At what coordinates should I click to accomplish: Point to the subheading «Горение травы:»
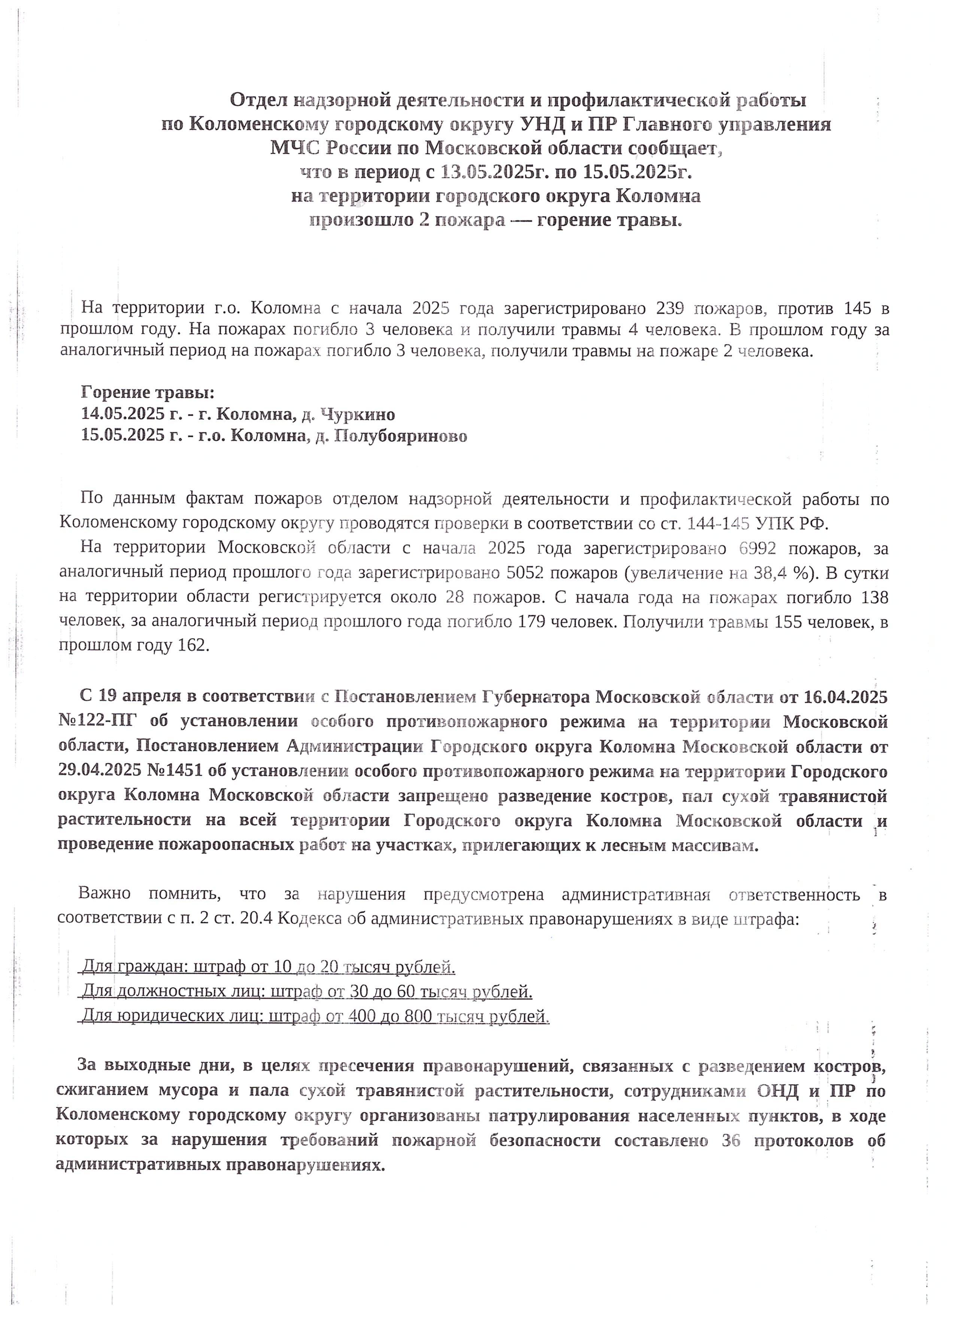(x=148, y=393)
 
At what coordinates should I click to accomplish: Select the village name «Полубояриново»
(x=401, y=437)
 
